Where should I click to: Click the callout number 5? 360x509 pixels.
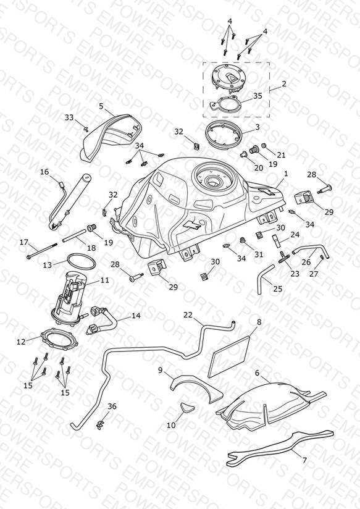(x=101, y=106)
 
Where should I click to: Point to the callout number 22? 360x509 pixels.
(x=188, y=315)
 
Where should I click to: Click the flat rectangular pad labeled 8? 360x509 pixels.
(x=229, y=356)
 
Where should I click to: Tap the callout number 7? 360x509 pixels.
(x=304, y=460)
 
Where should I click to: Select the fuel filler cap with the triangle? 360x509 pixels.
(x=228, y=79)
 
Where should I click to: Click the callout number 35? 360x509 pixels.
(x=257, y=96)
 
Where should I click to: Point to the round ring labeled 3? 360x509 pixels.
(x=224, y=134)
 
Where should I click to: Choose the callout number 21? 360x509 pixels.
(x=281, y=155)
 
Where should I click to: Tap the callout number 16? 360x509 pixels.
(x=44, y=172)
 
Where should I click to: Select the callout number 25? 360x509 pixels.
(x=278, y=288)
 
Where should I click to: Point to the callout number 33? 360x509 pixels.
(x=69, y=117)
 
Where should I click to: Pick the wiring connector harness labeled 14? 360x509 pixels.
(x=103, y=320)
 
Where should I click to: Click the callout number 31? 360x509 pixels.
(x=259, y=254)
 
